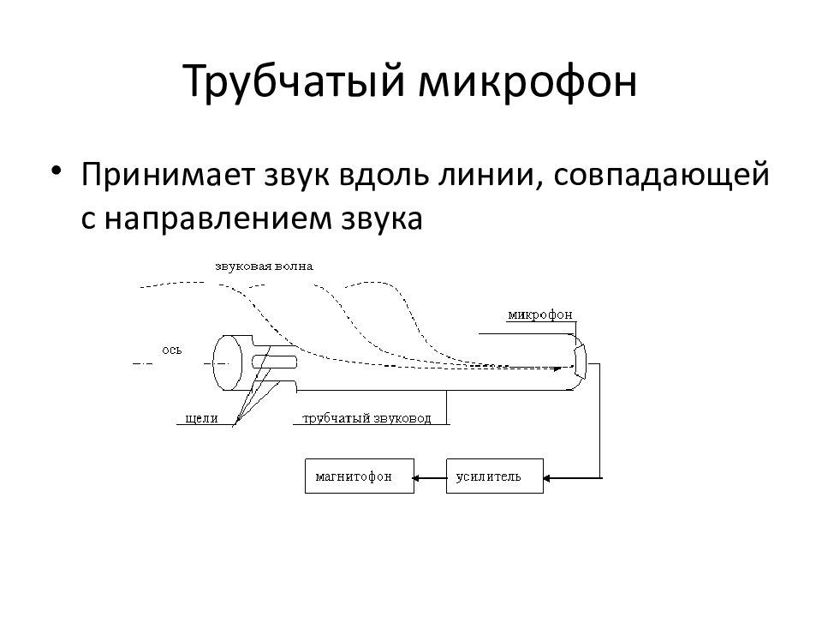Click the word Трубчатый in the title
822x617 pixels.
(295, 81)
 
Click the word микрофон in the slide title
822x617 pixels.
(528, 82)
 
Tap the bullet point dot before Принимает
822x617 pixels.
(57, 171)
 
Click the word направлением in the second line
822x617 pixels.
(218, 219)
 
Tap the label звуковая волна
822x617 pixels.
(265, 267)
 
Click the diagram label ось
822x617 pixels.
(172, 350)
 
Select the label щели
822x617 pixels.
(202, 418)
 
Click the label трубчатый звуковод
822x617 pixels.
(367, 418)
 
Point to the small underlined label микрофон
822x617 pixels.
(540, 314)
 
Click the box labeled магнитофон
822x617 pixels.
(360, 476)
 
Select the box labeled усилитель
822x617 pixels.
(495, 476)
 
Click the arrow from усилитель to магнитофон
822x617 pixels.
(430, 477)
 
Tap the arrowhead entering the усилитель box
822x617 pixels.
(547, 478)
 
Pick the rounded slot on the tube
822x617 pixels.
(275, 362)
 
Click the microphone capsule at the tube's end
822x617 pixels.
(580, 362)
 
